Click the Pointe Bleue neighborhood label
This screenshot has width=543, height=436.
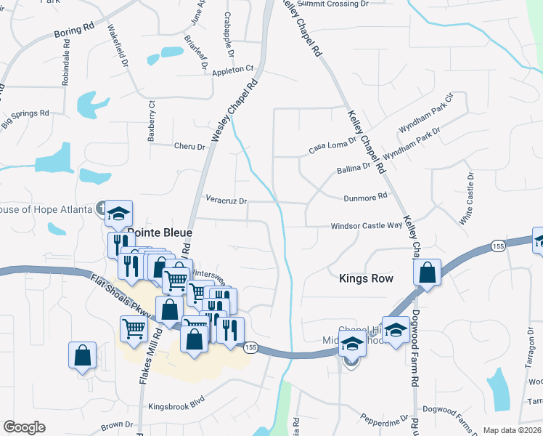tap(160, 233)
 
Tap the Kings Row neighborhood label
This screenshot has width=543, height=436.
tap(366, 278)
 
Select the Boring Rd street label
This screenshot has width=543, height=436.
tap(74, 30)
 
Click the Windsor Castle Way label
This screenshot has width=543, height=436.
tap(366, 226)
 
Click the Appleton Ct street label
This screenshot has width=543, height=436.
tap(232, 70)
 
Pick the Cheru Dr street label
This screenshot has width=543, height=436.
tap(190, 146)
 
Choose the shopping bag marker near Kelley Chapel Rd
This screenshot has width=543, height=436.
tap(428, 273)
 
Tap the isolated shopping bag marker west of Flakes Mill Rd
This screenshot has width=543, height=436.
tap(83, 356)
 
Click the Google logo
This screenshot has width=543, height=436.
tap(24, 427)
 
